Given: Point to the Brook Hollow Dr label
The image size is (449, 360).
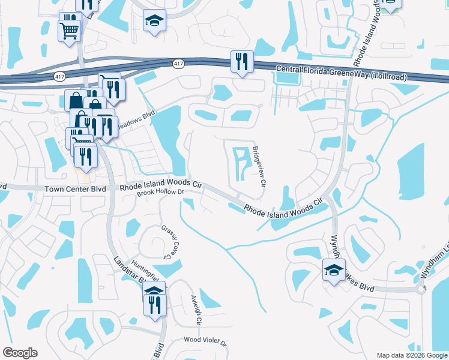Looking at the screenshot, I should point(159,193).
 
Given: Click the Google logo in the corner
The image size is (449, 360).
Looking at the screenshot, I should point(20,353).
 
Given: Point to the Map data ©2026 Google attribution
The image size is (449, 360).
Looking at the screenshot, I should point(411,355).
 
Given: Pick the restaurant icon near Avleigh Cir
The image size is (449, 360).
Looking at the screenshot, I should point(154,304).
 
